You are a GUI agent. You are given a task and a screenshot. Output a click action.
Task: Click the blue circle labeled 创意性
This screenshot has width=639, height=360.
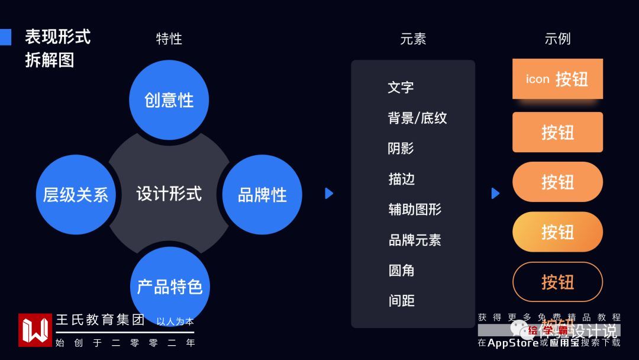pos(169,100)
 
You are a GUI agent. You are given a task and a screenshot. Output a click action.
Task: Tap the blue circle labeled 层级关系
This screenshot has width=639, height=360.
pos(76,195)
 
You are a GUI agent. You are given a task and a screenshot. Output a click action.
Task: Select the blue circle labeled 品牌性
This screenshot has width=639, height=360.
pos(262,195)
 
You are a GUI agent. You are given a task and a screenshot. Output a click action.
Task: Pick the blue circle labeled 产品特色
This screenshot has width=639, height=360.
pos(170,287)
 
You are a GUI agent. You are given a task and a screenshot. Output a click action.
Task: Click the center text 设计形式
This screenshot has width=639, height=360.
pos(169,194)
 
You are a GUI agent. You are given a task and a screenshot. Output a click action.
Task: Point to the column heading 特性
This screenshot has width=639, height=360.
pos(169,39)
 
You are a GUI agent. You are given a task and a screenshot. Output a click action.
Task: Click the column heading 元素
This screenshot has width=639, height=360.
pos(413,39)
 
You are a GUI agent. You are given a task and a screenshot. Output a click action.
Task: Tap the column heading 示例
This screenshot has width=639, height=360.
pos(557,39)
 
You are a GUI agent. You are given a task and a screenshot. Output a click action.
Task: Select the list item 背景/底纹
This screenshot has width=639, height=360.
pos(417,118)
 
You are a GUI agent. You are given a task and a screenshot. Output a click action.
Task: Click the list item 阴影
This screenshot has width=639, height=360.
pos(401,149)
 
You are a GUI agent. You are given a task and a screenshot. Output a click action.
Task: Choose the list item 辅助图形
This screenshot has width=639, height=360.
pos(415,210)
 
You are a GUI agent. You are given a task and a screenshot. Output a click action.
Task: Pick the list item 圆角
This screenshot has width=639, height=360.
pos(401,271)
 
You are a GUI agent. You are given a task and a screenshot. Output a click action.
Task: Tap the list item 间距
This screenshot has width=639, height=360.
pos(401,301)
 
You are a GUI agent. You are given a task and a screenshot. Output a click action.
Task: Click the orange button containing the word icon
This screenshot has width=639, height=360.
pos(557,79)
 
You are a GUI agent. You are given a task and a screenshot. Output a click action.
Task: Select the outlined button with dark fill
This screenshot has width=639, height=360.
pos(557,282)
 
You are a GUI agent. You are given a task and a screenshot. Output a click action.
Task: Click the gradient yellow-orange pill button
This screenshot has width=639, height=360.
pos(557,232)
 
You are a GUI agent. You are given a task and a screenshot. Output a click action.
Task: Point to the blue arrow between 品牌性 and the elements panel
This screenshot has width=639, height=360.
pos(330,193)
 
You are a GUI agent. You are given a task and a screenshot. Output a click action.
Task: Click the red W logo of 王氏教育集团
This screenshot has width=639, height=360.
pos(35,330)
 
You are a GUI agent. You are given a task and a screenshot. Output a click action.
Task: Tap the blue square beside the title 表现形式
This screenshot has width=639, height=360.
pos(5,37)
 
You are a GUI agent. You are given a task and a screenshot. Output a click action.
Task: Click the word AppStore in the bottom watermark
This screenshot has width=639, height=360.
pos(513,342)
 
